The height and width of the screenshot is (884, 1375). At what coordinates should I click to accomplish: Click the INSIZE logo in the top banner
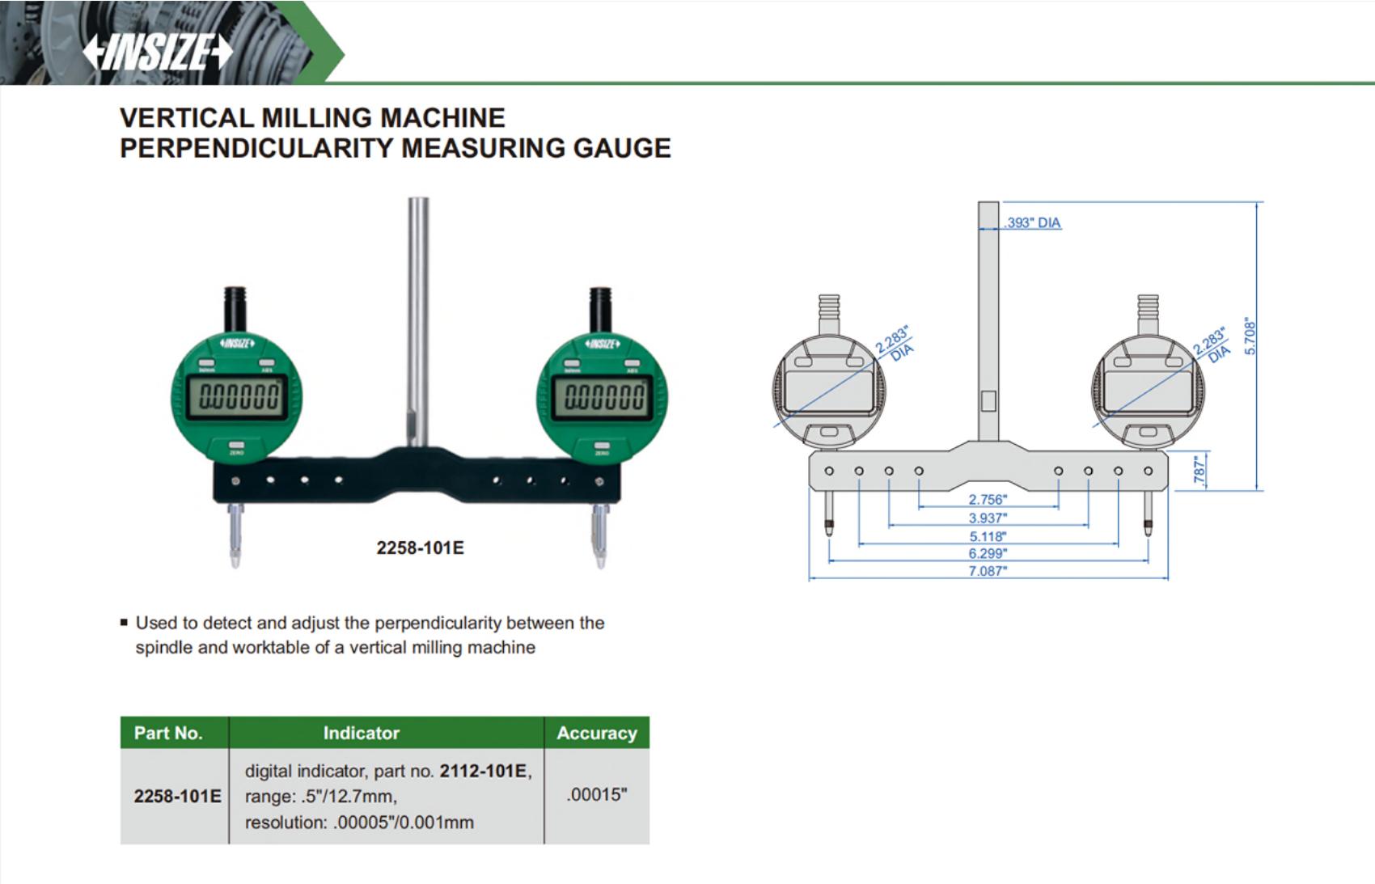click(158, 52)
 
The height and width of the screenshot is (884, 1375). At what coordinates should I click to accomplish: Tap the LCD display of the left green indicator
click(237, 397)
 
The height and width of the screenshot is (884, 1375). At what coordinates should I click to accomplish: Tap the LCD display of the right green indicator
click(603, 397)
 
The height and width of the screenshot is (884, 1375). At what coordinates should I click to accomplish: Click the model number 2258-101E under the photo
click(420, 548)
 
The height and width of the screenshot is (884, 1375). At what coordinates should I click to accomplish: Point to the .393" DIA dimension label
click(1033, 223)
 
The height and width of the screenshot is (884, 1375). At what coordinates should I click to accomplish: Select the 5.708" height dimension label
click(1250, 336)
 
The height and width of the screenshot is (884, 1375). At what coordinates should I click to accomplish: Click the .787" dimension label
click(1199, 471)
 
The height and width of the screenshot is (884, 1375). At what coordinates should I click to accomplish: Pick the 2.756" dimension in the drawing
click(988, 500)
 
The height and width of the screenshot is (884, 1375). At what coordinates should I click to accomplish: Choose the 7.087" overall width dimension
click(988, 571)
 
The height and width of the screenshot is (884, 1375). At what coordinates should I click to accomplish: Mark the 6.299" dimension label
click(988, 553)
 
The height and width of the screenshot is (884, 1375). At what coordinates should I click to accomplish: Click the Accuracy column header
click(597, 733)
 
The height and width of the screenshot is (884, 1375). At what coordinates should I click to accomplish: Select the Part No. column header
click(168, 733)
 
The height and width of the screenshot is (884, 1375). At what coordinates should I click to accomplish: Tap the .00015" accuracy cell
click(597, 795)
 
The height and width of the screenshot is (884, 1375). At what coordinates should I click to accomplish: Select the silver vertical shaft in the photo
click(419, 321)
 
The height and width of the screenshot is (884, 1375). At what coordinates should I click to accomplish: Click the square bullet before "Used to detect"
click(124, 623)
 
